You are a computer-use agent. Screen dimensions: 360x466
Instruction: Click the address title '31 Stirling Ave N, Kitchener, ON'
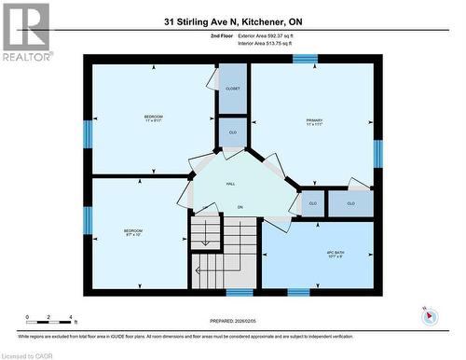(232, 21)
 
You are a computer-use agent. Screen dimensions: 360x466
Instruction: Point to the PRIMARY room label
(314, 123)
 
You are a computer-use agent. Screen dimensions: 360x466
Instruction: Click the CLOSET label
(232, 89)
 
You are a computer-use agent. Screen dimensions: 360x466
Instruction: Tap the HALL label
(230, 184)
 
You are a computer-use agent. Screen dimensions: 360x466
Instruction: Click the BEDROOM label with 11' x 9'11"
(153, 119)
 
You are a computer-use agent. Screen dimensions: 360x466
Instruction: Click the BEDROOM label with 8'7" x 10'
(133, 233)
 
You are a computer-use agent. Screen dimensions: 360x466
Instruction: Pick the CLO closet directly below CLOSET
(232, 132)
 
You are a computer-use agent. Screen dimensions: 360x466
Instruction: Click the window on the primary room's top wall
(304, 59)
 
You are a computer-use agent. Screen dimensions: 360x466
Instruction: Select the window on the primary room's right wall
(377, 153)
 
